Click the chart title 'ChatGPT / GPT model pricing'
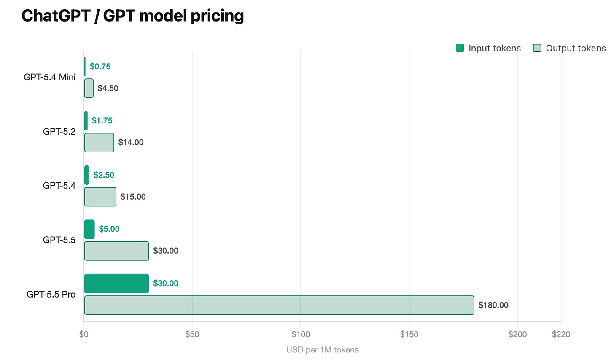point(133,16)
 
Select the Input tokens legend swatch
point(460,48)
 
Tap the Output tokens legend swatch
point(537,48)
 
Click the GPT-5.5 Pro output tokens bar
point(279,305)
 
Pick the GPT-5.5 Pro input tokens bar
point(116,284)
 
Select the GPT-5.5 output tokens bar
point(116,251)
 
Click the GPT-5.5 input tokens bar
point(89,229)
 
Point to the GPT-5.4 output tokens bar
point(100,197)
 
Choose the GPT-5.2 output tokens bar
point(99,142)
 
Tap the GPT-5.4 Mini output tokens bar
point(89,88)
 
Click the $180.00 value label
point(493,305)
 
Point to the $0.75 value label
point(100,66)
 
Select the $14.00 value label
point(131,142)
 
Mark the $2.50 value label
point(104,175)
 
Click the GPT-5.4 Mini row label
point(49,77)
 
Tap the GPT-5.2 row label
point(59,131)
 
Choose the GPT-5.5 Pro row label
point(51,295)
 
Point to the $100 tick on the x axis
point(301,334)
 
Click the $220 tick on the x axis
point(561,334)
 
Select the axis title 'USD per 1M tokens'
point(322,350)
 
